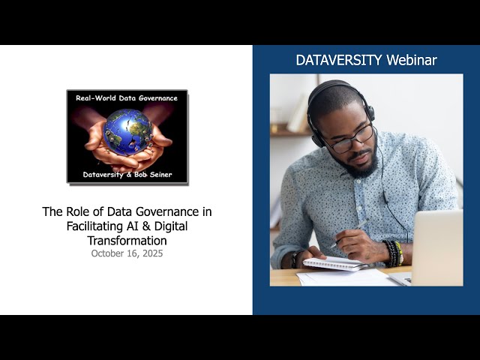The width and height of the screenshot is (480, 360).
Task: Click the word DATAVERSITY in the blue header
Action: pos(338,61)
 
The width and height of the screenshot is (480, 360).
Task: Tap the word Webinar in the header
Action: pos(411,61)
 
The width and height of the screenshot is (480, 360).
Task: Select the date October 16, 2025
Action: pos(127,253)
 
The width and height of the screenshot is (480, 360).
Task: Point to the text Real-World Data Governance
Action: pos(127,97)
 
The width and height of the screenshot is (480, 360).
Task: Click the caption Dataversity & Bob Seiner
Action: pos(127,175)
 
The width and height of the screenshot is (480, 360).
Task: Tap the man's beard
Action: pos(361,166)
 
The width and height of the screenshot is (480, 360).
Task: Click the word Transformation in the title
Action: pos(127,241)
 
